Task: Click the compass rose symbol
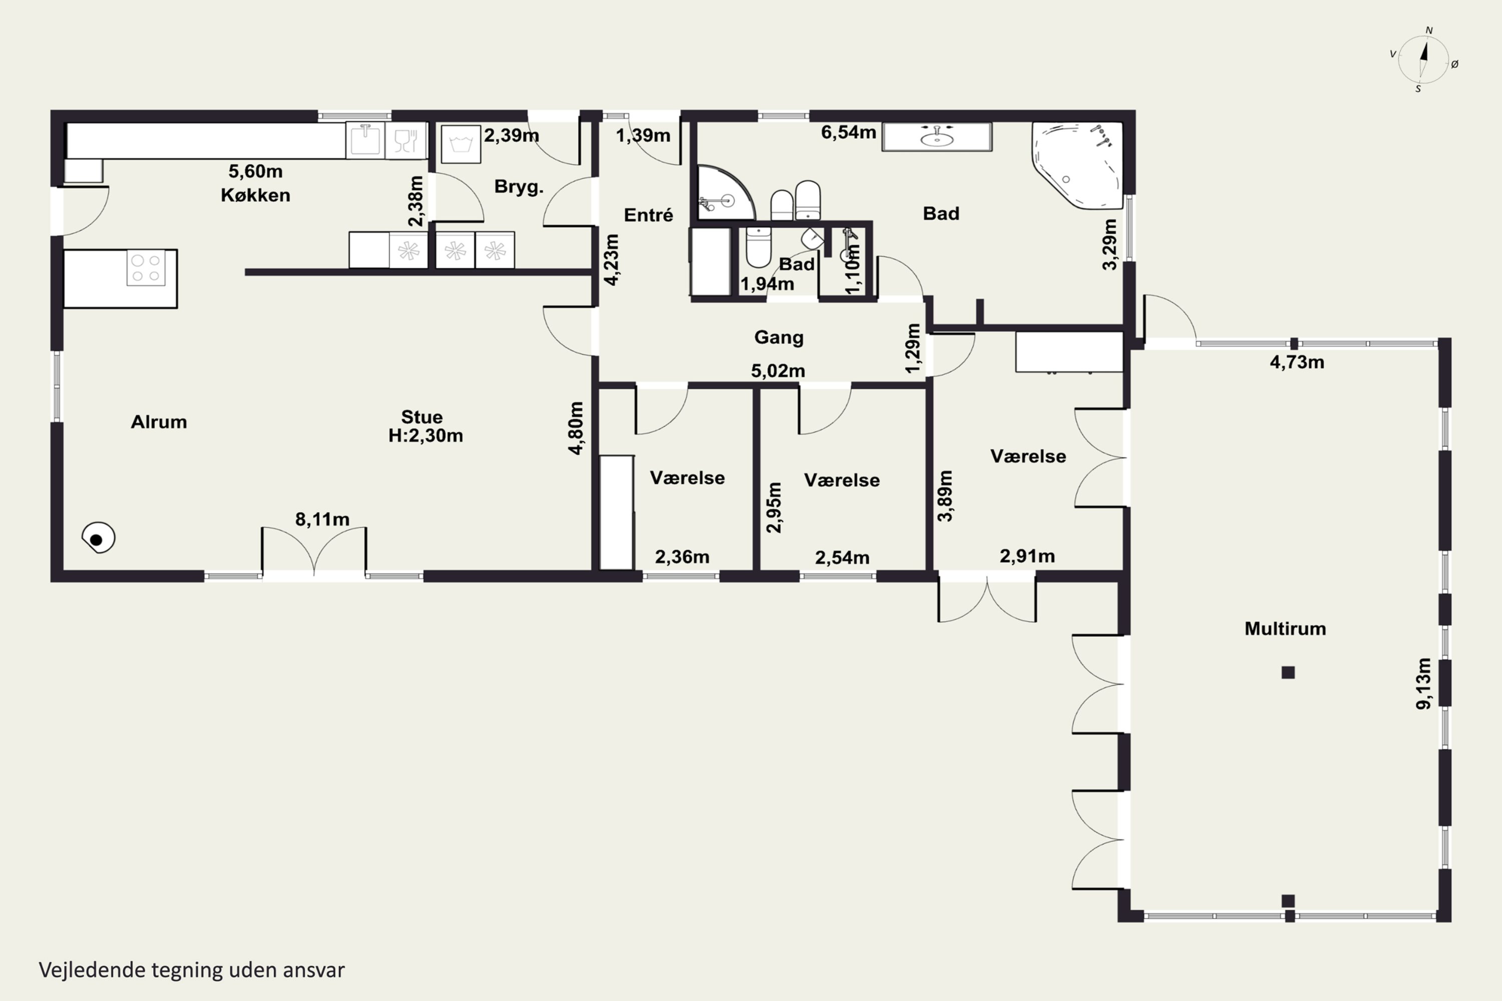pyautogui.click(x=1423, y=60)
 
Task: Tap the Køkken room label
pyautogui.click(x=255, y=195)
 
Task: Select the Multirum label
pyautogui.click(x=1285, y=629)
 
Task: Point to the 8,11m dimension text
pyautogui.click(x=322, y=520)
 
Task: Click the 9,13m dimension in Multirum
pyautogui.click(x=1423, y=683)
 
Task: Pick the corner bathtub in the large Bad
pyautogui.click(x=1078, y=165)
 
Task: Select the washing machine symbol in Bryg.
pyautogui.click(x=461, y=144)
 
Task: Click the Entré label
pyautogui.click(x=648, y=215)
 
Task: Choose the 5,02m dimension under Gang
pyautogui.click(x=778, y=371)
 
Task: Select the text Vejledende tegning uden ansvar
pyautogui.click(x=192, y=970)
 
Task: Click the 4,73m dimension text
pyautogui.click(x=1297, y=362)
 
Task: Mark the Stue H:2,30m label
pyautogui.click(x=425, y=426)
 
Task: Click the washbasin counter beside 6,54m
pyautogui.click(x=937, y=137)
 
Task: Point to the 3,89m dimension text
pyautogui.click(x=945, y=496)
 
